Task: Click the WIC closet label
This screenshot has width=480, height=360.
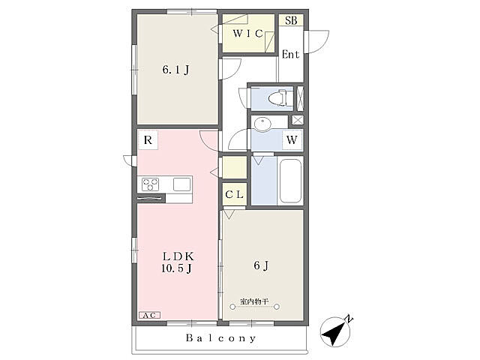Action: (x=247, y=33)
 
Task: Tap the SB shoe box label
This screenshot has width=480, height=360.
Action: (x=291, y=20)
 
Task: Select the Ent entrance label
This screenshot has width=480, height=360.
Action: (x=290, y=55)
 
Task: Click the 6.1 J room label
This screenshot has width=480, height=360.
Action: (x=175, y=70)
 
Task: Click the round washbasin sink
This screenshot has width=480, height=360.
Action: (x=262, y=124)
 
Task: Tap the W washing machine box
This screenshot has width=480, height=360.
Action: (x=292, y=140)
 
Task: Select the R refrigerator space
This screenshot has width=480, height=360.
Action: (x=148, y=140)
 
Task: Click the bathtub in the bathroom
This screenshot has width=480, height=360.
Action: (x=290, y=181)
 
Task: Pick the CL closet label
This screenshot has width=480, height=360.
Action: (x=234, y=194)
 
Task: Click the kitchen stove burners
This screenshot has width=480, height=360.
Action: (x=150, y=184)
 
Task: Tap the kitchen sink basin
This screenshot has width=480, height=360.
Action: (x=181, y=184)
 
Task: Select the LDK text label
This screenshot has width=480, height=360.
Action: (x=178, y=256)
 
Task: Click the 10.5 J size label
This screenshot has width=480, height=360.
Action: (x=177, y=268)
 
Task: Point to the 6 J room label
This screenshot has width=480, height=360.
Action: (x=261, y=265)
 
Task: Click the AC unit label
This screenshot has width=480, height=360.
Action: (x=150, y=315)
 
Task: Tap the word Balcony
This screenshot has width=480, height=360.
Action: (x=220, y=338)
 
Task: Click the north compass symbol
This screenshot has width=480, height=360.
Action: (x=335, y=331)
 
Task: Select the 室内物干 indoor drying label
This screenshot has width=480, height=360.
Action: (x=254, y=301)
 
